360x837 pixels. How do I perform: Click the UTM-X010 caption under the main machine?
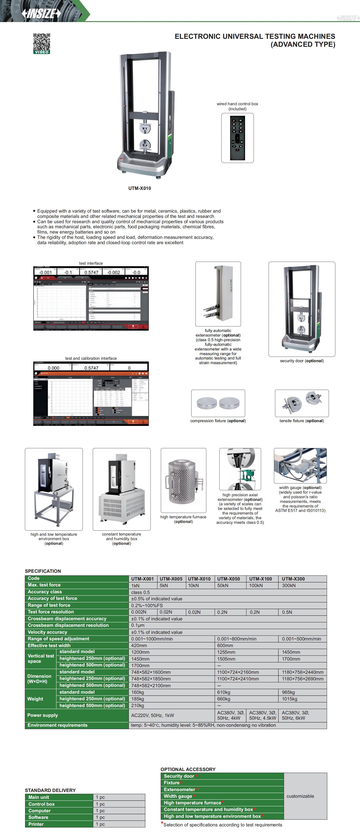pos(139,188)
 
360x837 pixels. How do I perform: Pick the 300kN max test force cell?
pos(289,586)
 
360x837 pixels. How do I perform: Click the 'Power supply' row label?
pos(43,715)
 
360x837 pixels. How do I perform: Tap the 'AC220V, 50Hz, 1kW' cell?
pos(152,715)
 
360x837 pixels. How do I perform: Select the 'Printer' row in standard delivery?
pos(36,824)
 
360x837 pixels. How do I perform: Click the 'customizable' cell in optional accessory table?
pos(300,796)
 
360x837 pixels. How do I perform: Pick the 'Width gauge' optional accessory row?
pos(178,796)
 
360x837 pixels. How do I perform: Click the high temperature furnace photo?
pos(183,480)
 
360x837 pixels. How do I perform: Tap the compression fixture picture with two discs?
pos(218,403)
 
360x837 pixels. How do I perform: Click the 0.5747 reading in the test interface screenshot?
pos(91,273)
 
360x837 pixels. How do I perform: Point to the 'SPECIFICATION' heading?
pos(43,571)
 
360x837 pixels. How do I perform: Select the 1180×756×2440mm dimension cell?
pos(302,672)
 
